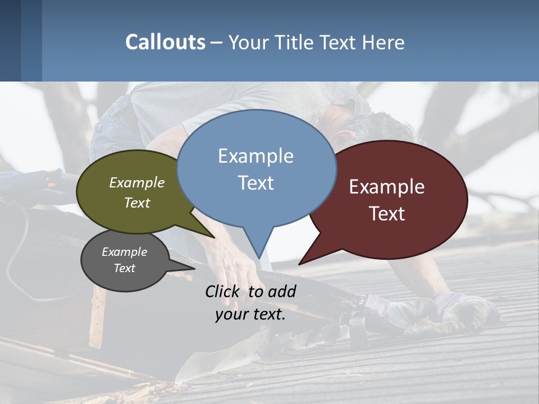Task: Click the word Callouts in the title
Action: [165, 42]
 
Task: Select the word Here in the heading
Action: [384, 42]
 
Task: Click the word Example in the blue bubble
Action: [255, 156]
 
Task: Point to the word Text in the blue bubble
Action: [255, 183]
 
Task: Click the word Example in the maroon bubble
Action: [387, 187]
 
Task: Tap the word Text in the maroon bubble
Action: [387, 214]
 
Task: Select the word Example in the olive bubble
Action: [137, 183]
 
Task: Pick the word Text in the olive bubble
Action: [137, 203]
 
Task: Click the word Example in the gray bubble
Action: [124, 252]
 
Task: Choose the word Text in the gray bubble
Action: [124, 268]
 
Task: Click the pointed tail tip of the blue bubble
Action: [259, 258]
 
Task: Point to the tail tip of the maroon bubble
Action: [299, 264]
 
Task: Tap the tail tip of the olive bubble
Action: [214, 237]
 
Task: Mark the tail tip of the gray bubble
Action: [194, 268]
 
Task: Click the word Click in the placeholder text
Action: [222, 291]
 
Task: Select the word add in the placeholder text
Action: [282, 291]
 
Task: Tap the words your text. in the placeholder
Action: [250, 314]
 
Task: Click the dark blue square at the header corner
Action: [10, 40]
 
